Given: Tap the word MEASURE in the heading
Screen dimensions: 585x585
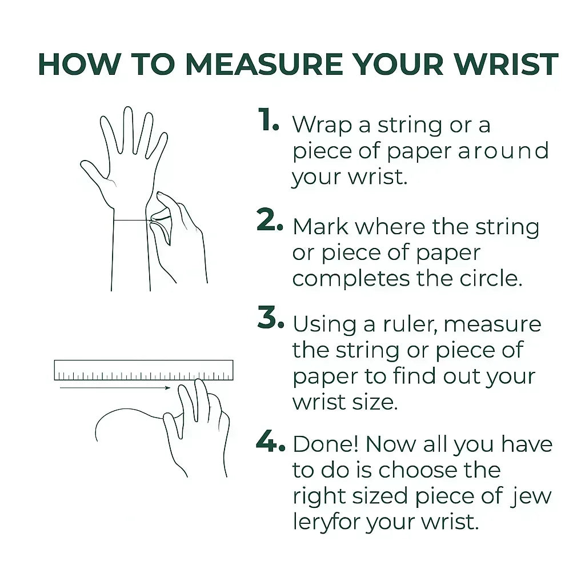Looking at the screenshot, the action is (264, 64).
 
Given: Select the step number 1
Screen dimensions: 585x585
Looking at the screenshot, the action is (269, 119).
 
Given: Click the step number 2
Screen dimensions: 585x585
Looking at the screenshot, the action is (270, 220).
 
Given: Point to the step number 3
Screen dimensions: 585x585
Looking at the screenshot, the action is (270, 317).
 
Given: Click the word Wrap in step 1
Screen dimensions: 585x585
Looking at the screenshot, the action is (322, 125).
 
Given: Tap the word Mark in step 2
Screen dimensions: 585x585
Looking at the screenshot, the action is (320, 227).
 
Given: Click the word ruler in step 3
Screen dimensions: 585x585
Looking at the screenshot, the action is (410, 324).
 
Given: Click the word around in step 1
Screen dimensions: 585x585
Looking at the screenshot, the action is (503, 151).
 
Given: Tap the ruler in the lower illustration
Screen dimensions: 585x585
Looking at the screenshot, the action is (143, 370).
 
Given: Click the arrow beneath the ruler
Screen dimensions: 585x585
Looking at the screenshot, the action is (115, 388).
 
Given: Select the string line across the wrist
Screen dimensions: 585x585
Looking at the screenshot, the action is (132, 220).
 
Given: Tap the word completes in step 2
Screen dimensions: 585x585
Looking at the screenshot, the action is (351, 279).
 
